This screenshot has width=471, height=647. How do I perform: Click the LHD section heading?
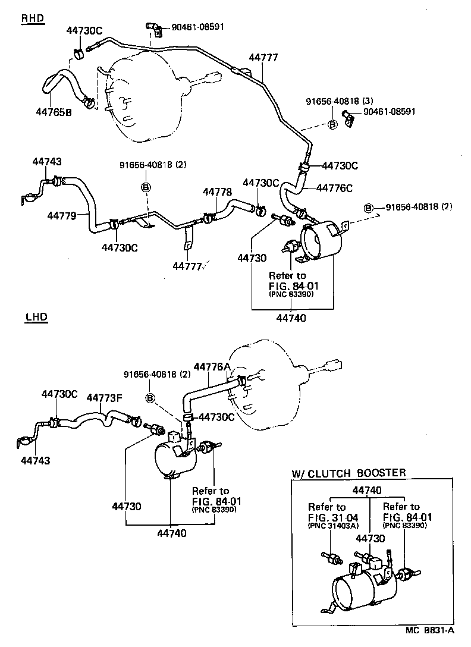[x=36, y=317]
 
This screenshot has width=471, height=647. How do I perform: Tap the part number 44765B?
[x=54, y=111]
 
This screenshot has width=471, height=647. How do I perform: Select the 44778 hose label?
[x=217, y=192]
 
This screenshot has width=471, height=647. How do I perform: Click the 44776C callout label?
[x=334, y=188]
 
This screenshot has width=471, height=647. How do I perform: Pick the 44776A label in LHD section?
[x=212, y=368]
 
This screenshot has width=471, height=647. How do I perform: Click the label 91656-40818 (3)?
[x=339, y=101]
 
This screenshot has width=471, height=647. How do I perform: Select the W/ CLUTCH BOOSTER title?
[x=348, y=473]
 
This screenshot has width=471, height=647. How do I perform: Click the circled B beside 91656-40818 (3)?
[x=332, y=124]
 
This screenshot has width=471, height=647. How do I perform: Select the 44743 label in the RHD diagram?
[x=47, y=162]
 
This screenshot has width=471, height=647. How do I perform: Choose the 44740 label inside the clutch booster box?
[x=368, y=490]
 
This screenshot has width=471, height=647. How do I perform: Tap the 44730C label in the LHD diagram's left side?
[x=59, y=394]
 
